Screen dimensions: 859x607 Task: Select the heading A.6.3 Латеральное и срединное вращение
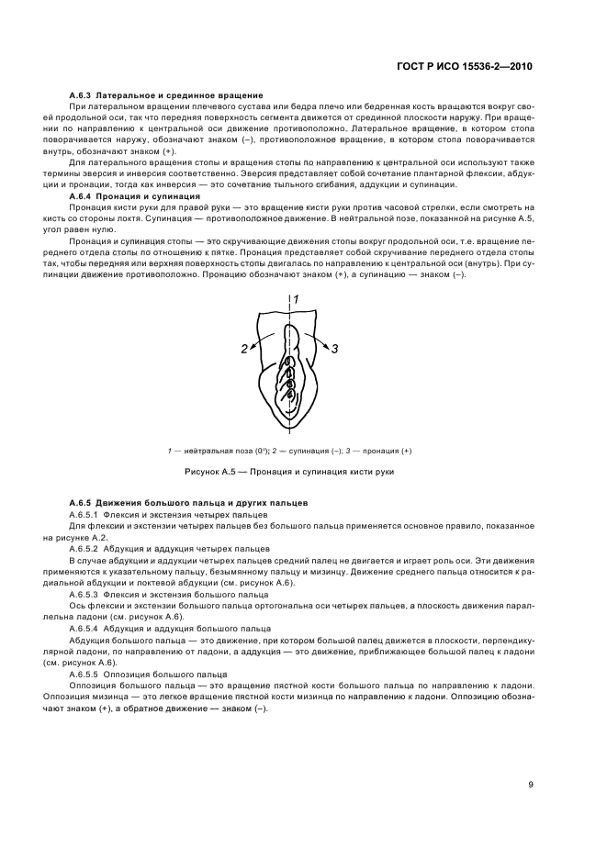(166, 95)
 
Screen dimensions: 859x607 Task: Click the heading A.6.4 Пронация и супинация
(134, 195)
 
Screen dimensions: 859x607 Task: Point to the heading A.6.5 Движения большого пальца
(188, 504)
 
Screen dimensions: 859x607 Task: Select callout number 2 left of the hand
(245, 348)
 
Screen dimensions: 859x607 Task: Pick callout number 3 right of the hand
(335, 348)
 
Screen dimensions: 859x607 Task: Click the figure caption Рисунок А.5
(289, 471)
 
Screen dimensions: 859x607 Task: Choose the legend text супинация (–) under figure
(299, 451)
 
